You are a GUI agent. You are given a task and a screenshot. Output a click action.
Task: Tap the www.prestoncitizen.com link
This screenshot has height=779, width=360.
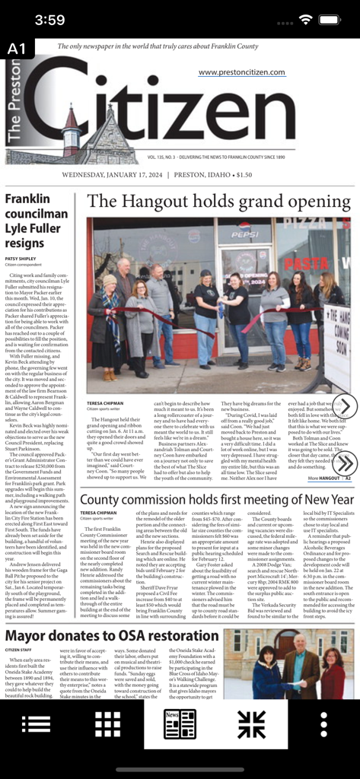[241, 72]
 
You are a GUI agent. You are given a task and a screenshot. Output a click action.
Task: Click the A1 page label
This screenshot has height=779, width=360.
[17, 49]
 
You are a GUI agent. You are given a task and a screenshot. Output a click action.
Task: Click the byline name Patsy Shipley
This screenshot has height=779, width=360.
[21, 259]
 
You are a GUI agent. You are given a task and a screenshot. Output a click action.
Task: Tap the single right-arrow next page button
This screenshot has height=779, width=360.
[345, 406]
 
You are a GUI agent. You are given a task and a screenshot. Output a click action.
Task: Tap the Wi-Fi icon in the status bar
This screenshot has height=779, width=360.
[306, 19]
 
